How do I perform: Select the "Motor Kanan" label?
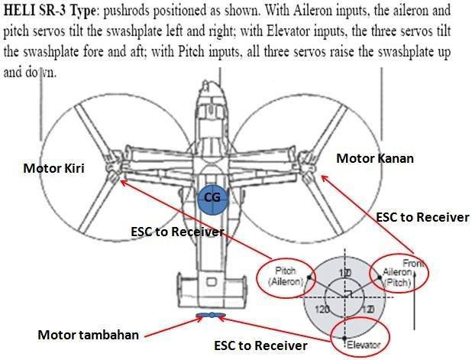click(375, 158)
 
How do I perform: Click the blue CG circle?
click(213, 197)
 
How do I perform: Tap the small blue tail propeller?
click(209, 315)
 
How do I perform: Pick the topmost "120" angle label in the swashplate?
click(344, 274)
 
